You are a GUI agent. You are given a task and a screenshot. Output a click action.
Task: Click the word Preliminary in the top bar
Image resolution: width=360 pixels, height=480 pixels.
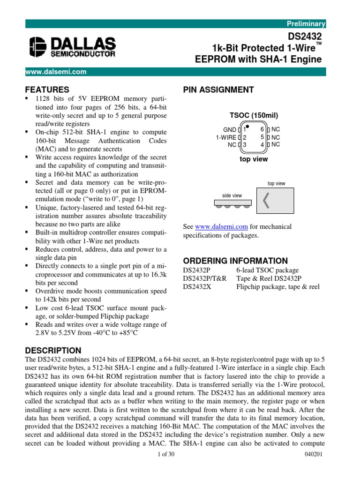(307, 23)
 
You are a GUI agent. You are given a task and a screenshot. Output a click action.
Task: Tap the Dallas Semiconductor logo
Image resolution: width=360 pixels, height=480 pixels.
(72, 47)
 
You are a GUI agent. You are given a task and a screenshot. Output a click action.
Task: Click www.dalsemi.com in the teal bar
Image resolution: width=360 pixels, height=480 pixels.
(56, 72)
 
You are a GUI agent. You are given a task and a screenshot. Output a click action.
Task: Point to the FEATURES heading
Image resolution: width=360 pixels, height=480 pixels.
(47, 90)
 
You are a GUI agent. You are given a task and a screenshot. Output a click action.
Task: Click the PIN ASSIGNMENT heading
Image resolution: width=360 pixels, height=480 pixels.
(218, 90)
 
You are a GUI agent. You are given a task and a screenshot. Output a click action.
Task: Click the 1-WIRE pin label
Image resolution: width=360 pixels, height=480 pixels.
(226, 137)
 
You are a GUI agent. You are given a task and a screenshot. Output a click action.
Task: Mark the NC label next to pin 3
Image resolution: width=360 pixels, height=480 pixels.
(232, 145)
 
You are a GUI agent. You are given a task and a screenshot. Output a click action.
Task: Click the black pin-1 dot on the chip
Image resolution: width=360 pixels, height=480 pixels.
(247, 127)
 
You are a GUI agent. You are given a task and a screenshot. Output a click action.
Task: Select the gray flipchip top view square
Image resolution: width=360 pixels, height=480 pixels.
(275, 201)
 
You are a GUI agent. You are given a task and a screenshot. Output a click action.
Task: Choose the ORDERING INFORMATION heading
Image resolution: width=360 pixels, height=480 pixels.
(235, 261)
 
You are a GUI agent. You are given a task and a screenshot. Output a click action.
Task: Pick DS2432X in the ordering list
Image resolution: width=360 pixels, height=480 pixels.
(197, 286)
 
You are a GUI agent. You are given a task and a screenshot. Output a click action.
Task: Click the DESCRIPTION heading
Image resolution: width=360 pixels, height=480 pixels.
(53, 350)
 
